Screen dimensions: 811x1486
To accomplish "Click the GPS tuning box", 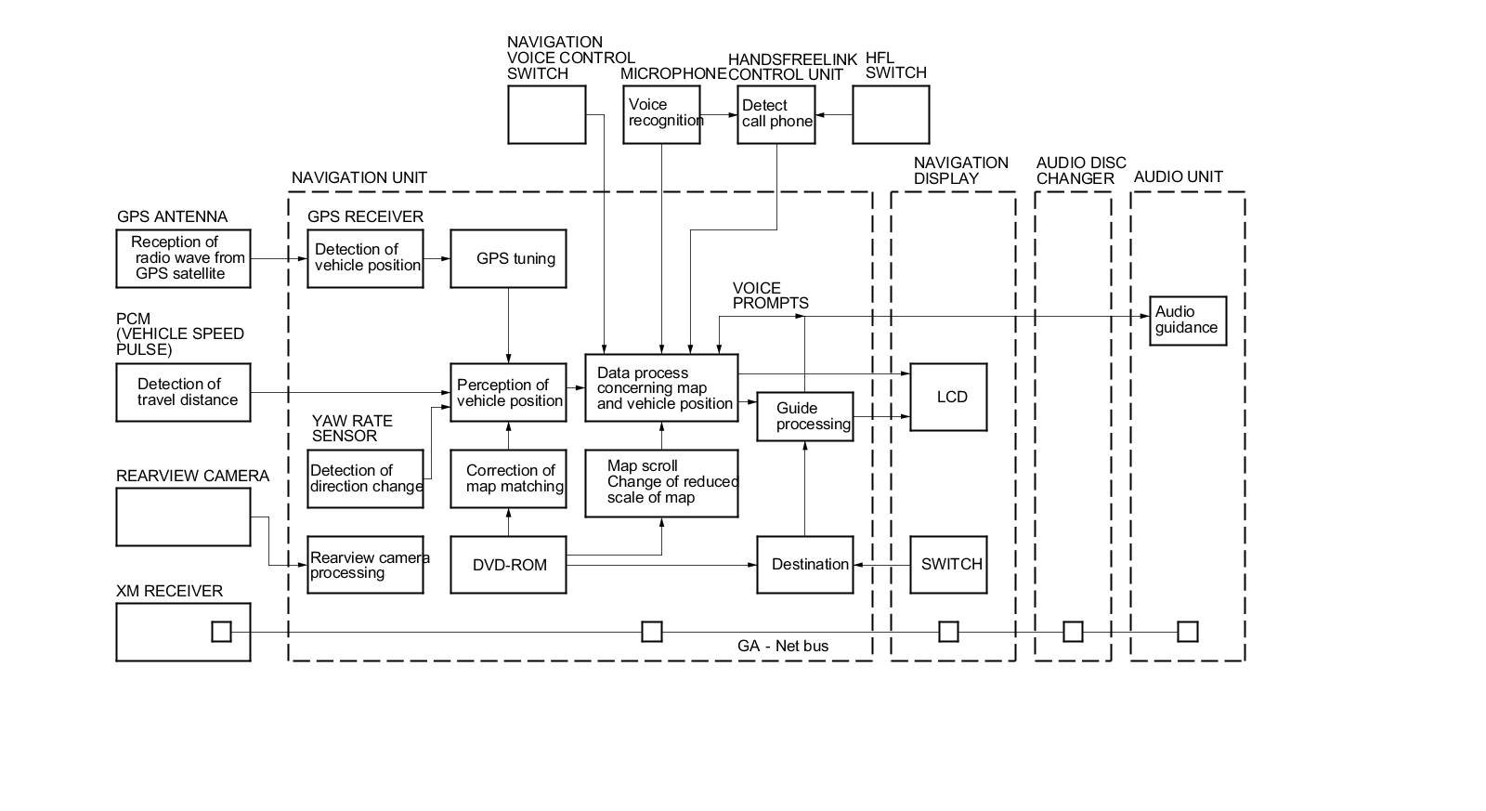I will click(x=508, y=258).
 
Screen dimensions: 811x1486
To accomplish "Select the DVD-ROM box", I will click(x=508, y=565).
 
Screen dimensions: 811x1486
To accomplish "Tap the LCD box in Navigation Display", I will click(x=948, y=397).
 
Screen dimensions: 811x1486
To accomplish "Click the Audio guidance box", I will click(x=1188, y=320).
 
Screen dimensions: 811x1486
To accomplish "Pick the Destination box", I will click(x=804, y=565).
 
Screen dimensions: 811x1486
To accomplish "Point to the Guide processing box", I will click(x=804, y=416).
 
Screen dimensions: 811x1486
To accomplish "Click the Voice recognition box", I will click(x=661, y=114).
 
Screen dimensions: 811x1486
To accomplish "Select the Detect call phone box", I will click(x=776, y=114).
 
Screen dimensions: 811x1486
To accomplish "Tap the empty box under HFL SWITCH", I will click(x=891, y=114).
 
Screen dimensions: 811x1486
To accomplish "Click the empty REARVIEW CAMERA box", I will click(x=183, y=517).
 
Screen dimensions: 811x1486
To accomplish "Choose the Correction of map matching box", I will click(x=508, y=478).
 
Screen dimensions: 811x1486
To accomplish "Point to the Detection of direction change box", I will click(x=365, y=478).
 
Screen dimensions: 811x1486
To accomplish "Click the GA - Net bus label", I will click(x=783, y=647).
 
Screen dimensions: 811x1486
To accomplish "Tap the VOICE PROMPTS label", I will click(x=770, y=295).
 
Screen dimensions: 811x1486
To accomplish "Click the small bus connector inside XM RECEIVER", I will click(x=221, y=632).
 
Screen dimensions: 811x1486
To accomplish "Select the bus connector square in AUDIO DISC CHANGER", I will click(x=1073, y=632).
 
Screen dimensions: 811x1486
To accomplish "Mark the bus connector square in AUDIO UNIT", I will click(x=1188, y=632).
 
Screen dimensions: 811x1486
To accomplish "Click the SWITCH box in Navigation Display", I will click(x=948, y=565).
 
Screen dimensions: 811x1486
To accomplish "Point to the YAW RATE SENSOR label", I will click(x=352, y=428).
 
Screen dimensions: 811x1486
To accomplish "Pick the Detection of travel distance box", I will click(x=183, y=392).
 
